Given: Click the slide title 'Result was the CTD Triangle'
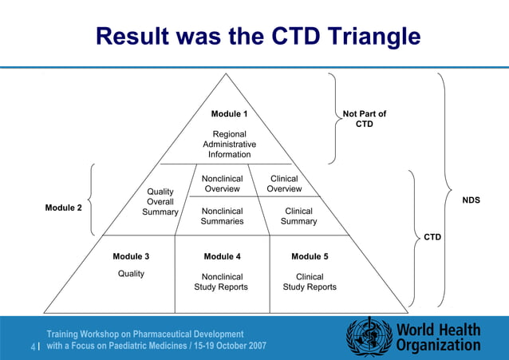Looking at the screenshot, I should pyautogui.click(x=257, y=36).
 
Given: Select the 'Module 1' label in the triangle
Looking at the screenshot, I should pyautogui.click(x=229, y=115).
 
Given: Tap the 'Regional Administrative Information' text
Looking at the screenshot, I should pyautogui.click(x=229, y=144).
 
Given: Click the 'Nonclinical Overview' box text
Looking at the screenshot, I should pyautogui.click(x=222, y=184).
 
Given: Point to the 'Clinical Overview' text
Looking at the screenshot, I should pyautogui.click(x=284, y=184).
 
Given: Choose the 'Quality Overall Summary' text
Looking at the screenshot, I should pyautogui.click(x=160, y=202).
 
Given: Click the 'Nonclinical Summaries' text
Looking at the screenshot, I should pyautogui.click(x=222, y=216).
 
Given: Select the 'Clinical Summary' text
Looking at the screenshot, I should pyautogui.click(x=298, y=216).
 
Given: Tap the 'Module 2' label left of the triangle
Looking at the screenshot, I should pyautogui.click(x=63, y=208).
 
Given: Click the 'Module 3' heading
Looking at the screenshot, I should pyautogui.click(x=131, y=257).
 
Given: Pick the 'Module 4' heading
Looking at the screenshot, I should pyautogui.click(x=222, y=257).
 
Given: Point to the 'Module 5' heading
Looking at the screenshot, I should pyautogui.click(x=310, y=257).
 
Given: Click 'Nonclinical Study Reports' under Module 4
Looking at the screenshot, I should pyautogui.click(x=221, y=282).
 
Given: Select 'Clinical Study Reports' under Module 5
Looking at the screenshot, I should pyautogui.click(x=310, y=282).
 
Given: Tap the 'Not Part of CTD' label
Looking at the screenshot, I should pyautogui.click(x=364, y=119).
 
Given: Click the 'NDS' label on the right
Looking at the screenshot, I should pyautogui.click(x=471, y=200).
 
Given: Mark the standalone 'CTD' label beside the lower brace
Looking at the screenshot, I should pyautogui.click(x=432, y=237).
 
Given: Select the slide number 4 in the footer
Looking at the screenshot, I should pyautogui.click(x=33, y=346).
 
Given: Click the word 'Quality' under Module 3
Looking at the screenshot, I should pyautogui.click(x=131, y=274).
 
